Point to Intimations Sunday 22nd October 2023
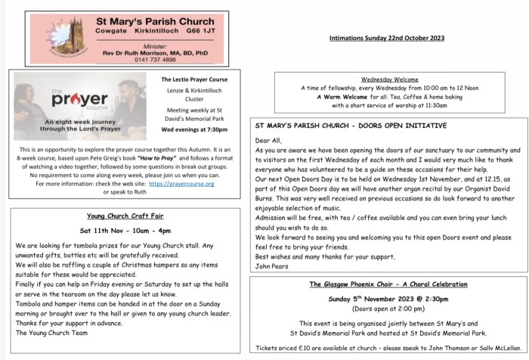386,37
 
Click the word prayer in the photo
67,99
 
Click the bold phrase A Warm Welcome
333,96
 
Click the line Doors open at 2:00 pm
386,309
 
